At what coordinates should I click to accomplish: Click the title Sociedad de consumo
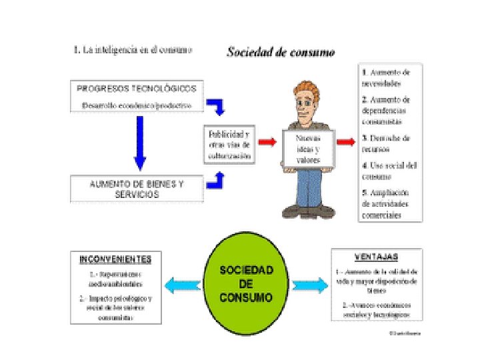tap(281, 51)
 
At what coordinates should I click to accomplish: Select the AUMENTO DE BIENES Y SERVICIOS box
tap(137, 189)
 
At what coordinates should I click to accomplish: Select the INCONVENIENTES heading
tap(115, 259)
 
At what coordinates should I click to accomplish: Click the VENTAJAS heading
tap(377, 257)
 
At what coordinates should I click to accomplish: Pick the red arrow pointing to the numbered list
tap(346, 142)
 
